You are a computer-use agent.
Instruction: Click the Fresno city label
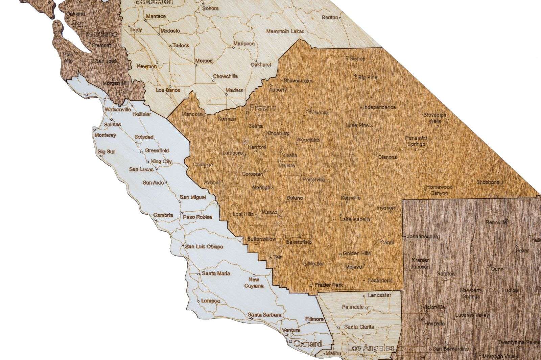[263, 108]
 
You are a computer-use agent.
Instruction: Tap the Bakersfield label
[299, 242]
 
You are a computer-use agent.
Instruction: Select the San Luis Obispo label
[204, 246]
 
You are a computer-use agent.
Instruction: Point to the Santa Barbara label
[264, 315]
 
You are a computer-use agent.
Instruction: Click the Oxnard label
[307, 344]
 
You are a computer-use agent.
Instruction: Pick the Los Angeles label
[371, 348]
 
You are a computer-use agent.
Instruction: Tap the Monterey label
[105, 135]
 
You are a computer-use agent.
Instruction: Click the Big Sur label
[107, 152]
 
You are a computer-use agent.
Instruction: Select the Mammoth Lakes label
[285, 31]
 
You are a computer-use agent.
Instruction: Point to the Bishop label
[357, 58]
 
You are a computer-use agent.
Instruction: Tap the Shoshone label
[488, 182]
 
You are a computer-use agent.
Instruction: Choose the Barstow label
[446, 273]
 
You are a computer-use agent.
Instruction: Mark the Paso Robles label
[197, 217]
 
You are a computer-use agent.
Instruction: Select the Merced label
[204, 61]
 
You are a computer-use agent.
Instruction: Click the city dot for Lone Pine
[371, 126]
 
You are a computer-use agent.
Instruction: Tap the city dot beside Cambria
[156, 220]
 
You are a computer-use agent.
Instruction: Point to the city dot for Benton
[340, 18]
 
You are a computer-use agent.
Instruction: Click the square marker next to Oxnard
[291, 341]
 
